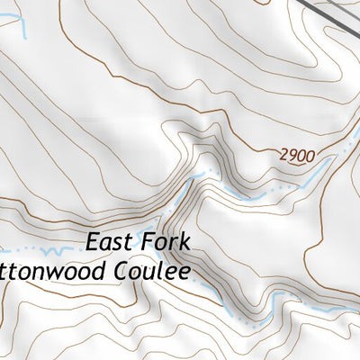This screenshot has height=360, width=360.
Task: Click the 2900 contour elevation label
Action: [297, 156]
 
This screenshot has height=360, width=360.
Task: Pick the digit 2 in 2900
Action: [283, 156]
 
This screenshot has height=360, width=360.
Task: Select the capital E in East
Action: [94, 242]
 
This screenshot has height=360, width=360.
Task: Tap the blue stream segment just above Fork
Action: [180, 202]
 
